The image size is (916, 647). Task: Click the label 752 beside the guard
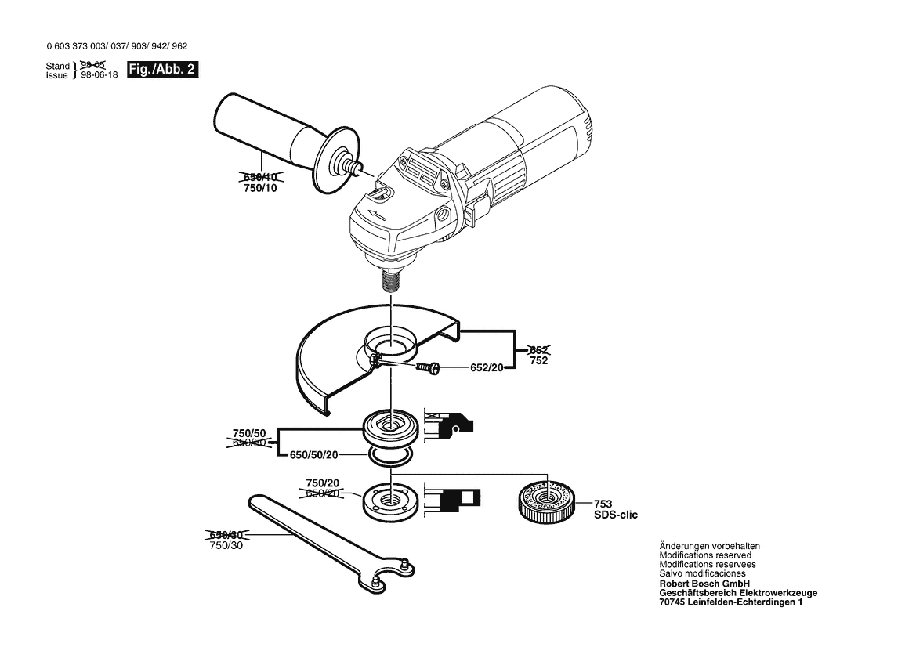pyautogui.click(x=538, y=361)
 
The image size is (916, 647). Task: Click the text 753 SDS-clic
pyautogui.click(x=616, y=509)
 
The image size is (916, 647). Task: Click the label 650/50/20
pyautogui.click(x=315, y=454)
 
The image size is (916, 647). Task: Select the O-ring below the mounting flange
pyautogui.click(x=389, y=457)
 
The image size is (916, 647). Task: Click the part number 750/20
pyautogui.click(x=322, y=483)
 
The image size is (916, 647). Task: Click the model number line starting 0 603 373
pyautogui.click(x=116, y=47)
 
